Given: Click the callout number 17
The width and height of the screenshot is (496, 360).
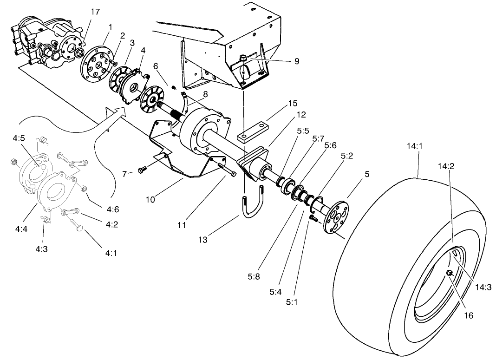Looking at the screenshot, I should (95, 12).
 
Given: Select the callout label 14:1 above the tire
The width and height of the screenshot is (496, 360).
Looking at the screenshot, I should (415, 146).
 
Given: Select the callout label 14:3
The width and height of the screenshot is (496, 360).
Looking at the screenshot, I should (482, 288).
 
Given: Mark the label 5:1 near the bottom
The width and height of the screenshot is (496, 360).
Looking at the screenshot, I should (292, 301).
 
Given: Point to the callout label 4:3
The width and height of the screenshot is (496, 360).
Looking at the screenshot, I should (41, 249).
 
